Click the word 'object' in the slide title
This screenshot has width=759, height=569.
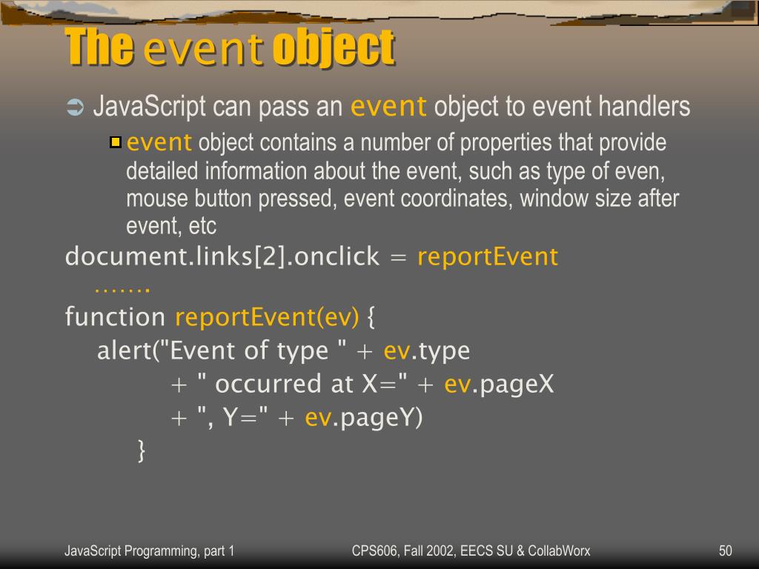[x=333, y=47]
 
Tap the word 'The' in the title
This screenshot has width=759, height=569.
[x=99, y=47]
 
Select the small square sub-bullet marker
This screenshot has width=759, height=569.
[x=115, y=142]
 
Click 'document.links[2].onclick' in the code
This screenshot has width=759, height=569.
[x=222, y=257]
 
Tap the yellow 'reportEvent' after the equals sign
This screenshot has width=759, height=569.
[x=487, y=257]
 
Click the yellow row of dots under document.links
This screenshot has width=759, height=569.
[x=122, y=287]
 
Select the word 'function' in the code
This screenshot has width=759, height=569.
[x=115, y=317]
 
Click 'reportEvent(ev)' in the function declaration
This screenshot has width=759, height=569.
[x=267, y=317]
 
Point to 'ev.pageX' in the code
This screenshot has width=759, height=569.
[x=499, y=384]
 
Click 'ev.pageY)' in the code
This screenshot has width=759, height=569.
[x=363, y=418]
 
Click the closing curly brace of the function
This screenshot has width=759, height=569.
[x=142, y=450]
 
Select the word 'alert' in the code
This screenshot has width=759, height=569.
[x=124, y=350]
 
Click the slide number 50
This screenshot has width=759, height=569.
[x=725, y=550]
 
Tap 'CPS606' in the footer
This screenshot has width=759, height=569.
[x=373, y=550]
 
